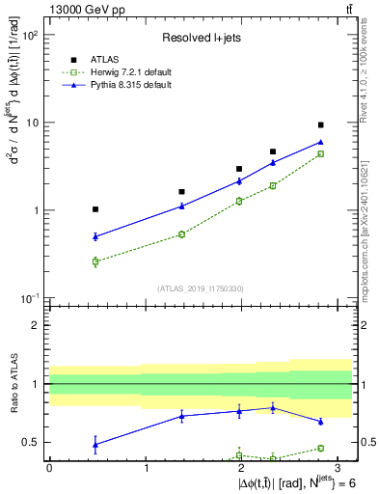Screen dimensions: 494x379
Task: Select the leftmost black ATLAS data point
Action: (x=95, y=209)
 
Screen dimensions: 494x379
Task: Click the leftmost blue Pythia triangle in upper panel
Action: (x=95, y=236)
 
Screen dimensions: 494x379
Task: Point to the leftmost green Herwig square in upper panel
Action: (x=95, y=261)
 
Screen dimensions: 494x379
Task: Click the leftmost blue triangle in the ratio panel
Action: (x=95, y=444)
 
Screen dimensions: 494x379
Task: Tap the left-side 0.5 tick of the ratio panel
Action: (x=35, y=443)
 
